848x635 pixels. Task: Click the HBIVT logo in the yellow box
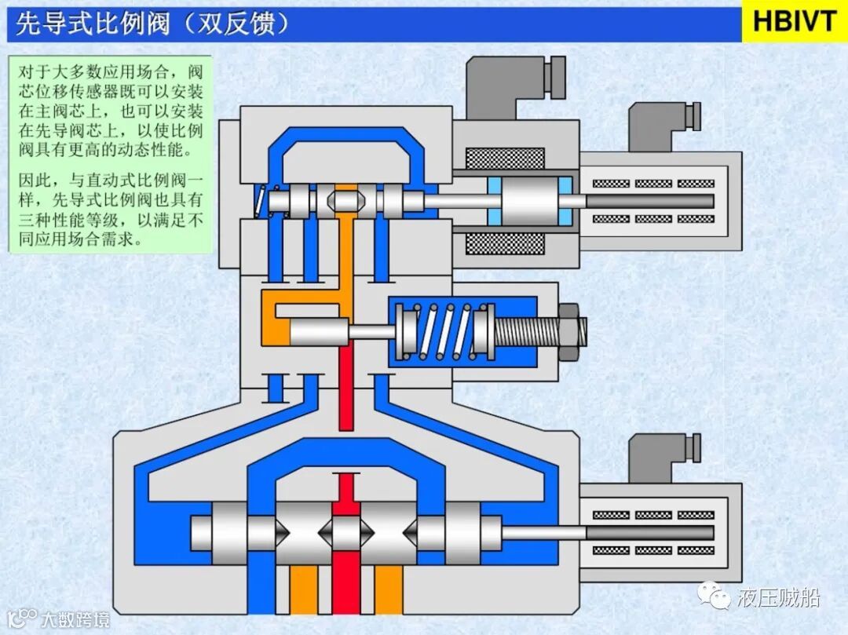[795, 21]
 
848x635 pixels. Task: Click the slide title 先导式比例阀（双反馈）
[153, 24]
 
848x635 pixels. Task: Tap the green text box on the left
[110, 153]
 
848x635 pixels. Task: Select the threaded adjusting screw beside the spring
[526, 330]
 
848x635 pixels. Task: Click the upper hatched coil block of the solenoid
[505, 159]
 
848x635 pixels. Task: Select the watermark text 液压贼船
[778, 598]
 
